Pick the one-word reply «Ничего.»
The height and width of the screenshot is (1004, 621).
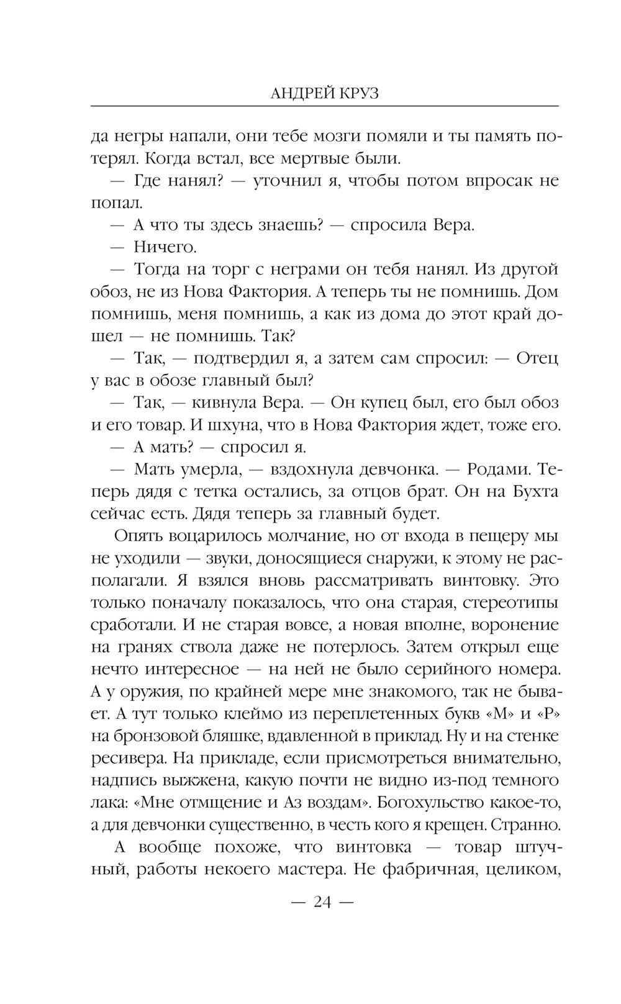(165, 247)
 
